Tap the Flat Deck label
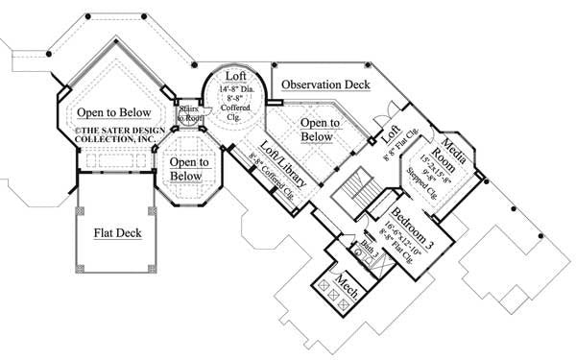pyautogui.click(x=118, y=231)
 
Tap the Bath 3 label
pyautogui.click(x=367, y=247)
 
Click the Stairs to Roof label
pyautogui.click(x=188, y=114)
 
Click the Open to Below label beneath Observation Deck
pyautogui.click(x=319, y=130)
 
